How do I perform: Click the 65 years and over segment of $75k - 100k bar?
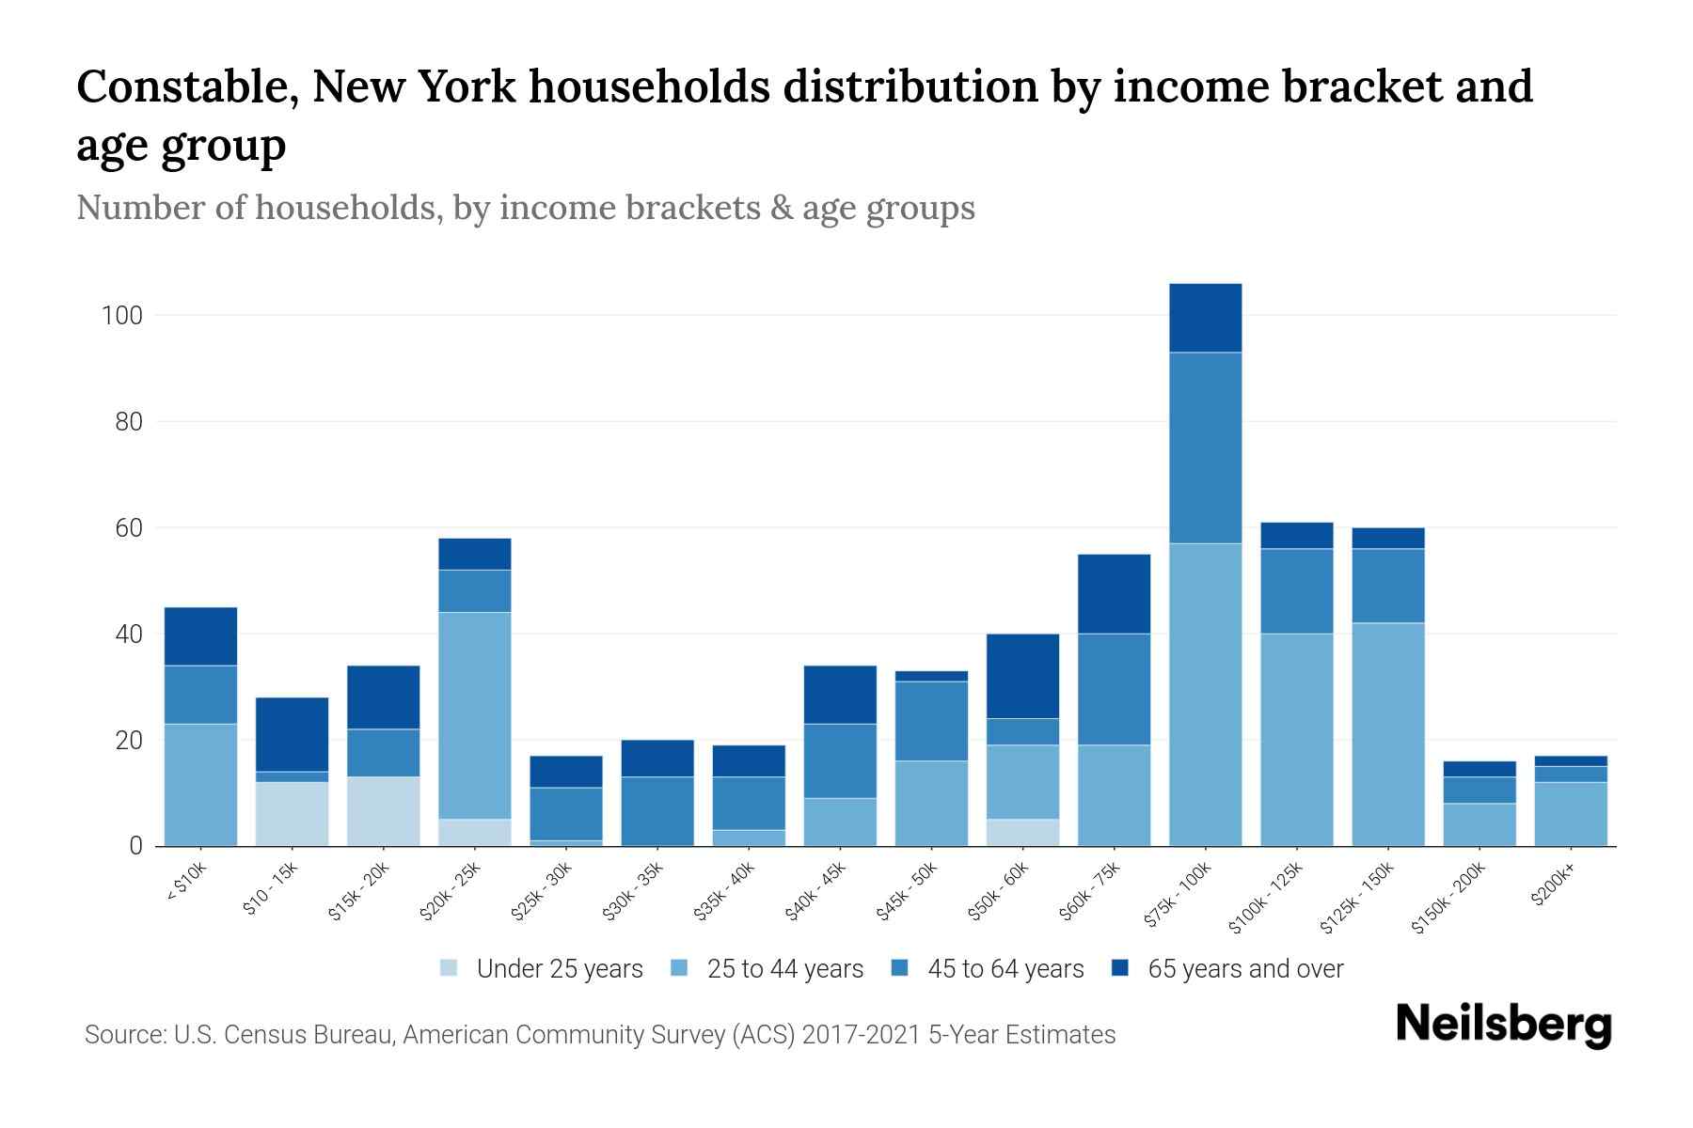pos(1205,318)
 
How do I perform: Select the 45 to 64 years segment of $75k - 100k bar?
pos(1205,447)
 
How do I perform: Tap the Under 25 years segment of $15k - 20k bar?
pos(383,810)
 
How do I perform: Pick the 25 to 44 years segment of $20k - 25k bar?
pos(474,715)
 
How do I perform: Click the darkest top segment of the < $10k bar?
pos(200,636)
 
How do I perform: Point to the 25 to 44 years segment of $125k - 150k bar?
pos(1387,734)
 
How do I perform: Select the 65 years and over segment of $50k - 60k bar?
pos(1022,676)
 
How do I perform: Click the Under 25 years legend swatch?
pos(450,968)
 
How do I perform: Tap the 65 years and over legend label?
pos(1245,969)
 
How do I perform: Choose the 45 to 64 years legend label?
pos(1005,969)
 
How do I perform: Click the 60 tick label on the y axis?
pos(129,528)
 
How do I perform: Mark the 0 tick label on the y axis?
pos(136,847)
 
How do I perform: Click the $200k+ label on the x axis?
pos(1553,888)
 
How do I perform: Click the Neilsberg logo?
pos(1503,1025)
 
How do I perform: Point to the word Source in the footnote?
pos(122,1035)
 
